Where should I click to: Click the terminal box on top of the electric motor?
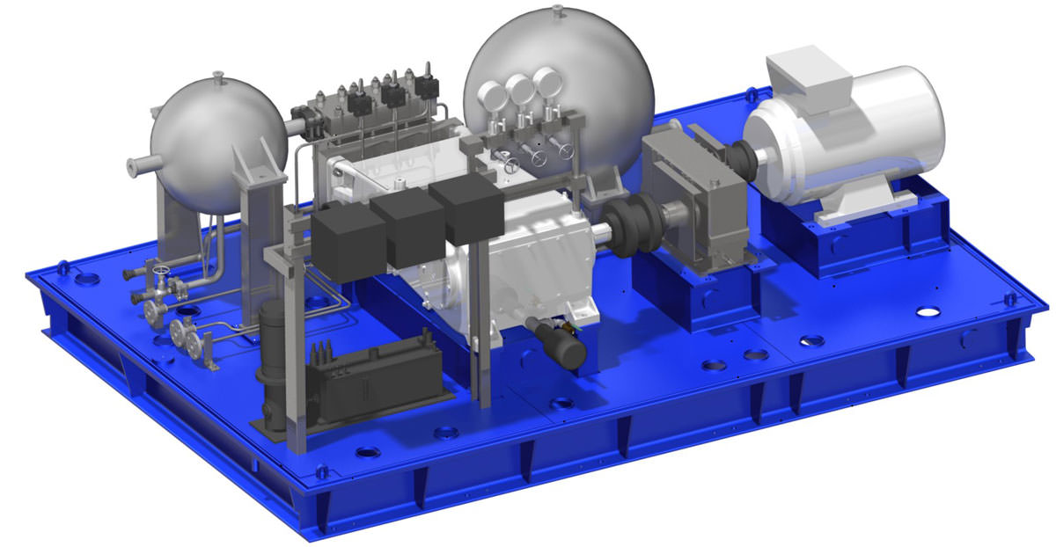[x=808, y=80]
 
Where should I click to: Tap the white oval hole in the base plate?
[x=928, y=311]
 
